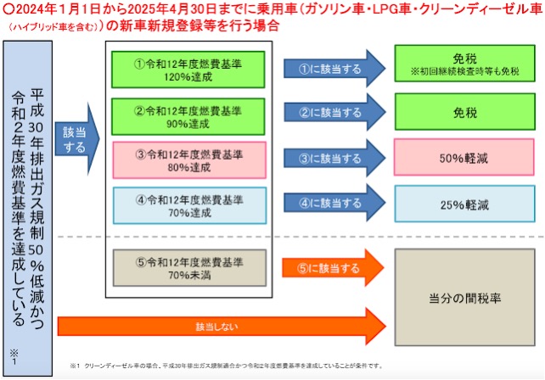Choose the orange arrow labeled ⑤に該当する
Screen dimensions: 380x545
point(331,269)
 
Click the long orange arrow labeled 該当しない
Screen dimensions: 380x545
point(221,326)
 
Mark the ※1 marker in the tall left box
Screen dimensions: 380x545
point(14,350)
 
